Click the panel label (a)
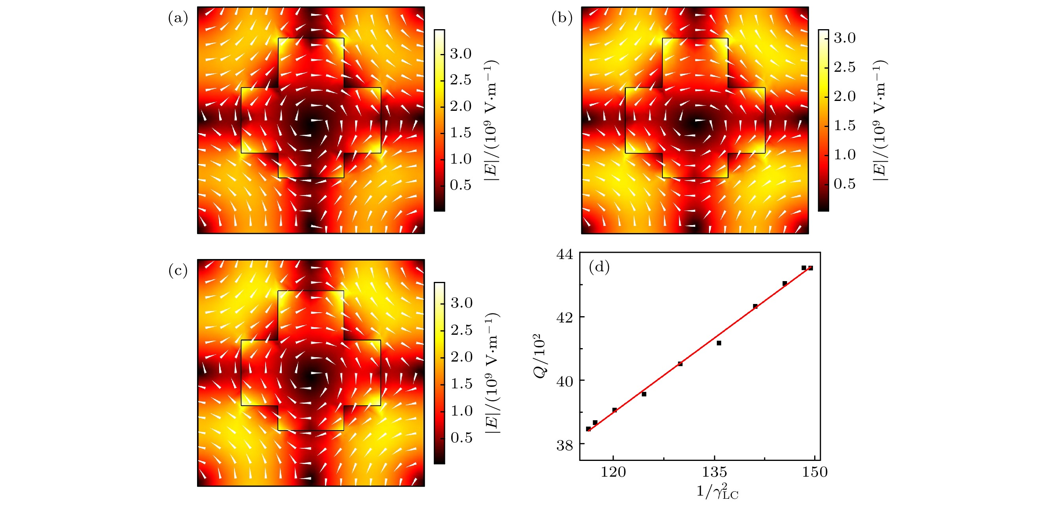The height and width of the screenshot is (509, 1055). [x=178, y=18]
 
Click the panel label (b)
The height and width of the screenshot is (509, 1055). [x=562, y=18]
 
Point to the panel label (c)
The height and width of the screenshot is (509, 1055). [x=178, y=271]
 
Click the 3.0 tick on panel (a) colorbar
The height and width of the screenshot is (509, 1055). [x=461, y=54]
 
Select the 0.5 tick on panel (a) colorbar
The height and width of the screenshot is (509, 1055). [x=461, y=185]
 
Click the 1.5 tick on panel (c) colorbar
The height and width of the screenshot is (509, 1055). [x=461, y=384]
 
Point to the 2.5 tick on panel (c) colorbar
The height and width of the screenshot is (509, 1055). [x=461, y=330]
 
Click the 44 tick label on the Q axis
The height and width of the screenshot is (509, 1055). [x=565, y=255]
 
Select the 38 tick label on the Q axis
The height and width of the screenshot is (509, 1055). [x=565, y=445]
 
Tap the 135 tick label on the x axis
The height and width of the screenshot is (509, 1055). [x=714, y=472]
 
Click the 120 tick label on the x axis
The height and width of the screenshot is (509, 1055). [x=613, y=472]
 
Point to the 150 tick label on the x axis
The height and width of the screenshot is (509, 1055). [x=815, y=472]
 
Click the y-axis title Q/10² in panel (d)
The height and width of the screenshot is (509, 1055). [x=540, y=356]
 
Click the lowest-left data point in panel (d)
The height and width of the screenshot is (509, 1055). [x=588, y=429]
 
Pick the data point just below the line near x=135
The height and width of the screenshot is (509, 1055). [x=719, y=343]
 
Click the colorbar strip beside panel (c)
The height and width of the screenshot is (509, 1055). [x=439, y=373]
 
